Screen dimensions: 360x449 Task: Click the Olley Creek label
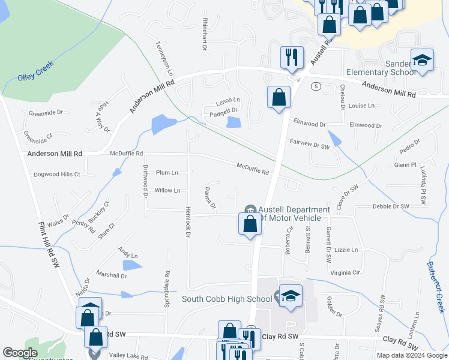(x=35, y=71)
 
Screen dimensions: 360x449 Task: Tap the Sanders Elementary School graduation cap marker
(x=423, y=60)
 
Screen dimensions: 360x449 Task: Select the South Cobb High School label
(x=227, y=299)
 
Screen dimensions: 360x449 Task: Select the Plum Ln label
(x=167, y=173)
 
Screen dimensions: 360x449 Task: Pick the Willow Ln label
(x=167, y=191)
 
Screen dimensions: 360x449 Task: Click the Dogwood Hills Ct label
(x=56, y=175)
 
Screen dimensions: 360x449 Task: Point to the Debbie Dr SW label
(x=391, y=206)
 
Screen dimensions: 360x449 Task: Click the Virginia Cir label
(x=345, y=272)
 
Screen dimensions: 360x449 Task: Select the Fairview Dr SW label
(x=310, y=146)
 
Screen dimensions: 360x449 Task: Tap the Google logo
(x=20, y=353)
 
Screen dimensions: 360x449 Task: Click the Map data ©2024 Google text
(x=411, y=355)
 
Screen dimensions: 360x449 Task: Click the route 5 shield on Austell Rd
(x=315, y=86)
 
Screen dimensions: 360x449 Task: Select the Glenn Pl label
(x=405, y=164)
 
